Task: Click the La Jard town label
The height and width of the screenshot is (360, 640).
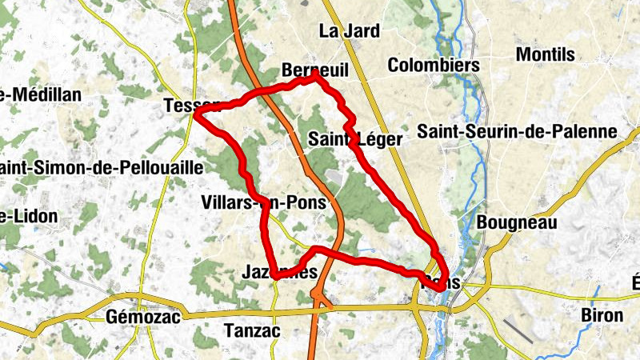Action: point(349,31)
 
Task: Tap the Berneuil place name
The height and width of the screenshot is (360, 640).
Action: point(314,70)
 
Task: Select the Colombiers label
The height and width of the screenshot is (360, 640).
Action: point(433,65)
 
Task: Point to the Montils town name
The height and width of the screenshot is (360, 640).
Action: point(546,54)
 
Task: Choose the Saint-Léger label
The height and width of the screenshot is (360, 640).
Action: point(355,139)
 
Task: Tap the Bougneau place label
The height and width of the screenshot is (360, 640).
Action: point(516,222)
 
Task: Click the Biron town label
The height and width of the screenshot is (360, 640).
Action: point(602,314)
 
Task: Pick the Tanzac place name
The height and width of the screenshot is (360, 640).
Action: point(252,330)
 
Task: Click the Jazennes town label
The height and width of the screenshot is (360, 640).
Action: point(279,273)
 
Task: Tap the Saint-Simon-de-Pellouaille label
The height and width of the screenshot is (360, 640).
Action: point(101,168)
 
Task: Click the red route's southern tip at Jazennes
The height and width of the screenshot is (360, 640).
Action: point(274,276)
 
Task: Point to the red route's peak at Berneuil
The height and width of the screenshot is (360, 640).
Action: point(316,74)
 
